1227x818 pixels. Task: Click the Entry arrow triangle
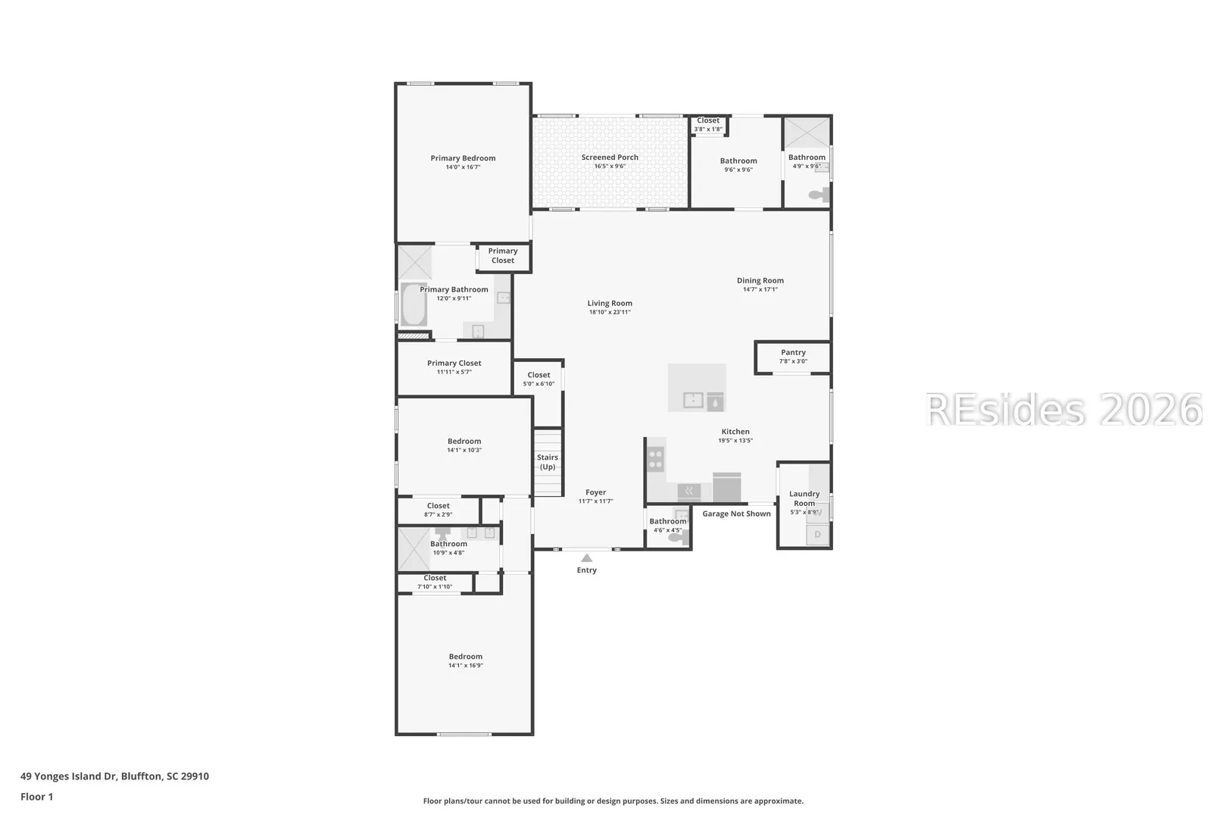pos(587,557)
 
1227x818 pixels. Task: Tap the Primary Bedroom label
pos(463,158)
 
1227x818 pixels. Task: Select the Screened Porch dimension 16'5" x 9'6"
pos(610,166)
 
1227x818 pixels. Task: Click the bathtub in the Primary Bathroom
pos(414,304)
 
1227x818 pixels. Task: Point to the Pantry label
pos(793,352)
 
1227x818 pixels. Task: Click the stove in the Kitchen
pos(656,459)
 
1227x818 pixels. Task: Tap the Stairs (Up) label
pos(547,462)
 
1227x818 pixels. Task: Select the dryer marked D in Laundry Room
pos(818,534)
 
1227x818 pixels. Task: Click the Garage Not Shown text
pos(736,514)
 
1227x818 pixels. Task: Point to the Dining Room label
pos(760,280)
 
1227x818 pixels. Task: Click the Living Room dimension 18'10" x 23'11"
pos(610,312)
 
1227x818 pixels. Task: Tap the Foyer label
pos(595,492)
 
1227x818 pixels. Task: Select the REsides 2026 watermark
pos(1063,409)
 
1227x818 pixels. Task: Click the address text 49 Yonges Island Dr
pos(69,776)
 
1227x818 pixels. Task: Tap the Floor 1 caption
pos(36,797)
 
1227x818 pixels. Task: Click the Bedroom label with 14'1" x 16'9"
pos(466,657)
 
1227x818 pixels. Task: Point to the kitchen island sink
pos(693,401)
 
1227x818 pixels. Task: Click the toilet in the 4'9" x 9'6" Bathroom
pos(819,195)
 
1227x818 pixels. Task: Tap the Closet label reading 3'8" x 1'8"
pos(708,120)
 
